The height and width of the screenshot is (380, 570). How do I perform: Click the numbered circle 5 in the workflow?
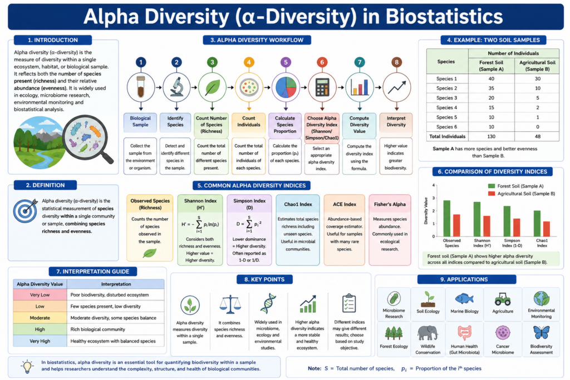pos(286,62)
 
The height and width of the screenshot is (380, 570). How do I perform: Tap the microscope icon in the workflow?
pos(176,87)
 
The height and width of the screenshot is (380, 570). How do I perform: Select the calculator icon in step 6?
pos(322,87)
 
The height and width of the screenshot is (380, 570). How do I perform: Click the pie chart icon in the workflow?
pos(286,87)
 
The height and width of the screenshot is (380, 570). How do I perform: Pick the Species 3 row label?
pos(447,98)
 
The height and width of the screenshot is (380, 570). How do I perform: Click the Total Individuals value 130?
pos(491,137)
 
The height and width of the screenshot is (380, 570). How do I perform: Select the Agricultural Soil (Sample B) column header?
pos(537,66)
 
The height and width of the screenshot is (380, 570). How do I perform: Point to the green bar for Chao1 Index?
pos(537,224)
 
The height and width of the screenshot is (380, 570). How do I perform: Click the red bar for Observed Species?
pos(456,225)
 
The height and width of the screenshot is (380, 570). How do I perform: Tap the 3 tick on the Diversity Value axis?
pos(433,198)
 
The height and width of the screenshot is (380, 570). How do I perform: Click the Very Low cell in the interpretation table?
pos(40,295)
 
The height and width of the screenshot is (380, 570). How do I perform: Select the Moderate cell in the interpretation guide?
pos(40,318)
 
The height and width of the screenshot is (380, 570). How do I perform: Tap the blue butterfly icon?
pos(541,333)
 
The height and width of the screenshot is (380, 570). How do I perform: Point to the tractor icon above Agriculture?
pos(503,299)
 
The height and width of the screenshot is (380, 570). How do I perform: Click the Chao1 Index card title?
pos(298,204)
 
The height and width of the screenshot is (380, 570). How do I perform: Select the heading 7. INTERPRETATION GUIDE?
pos(93,272)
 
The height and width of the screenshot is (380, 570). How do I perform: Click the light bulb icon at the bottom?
pos(27,367)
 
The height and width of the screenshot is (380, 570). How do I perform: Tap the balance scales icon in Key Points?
pos(230,304)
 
